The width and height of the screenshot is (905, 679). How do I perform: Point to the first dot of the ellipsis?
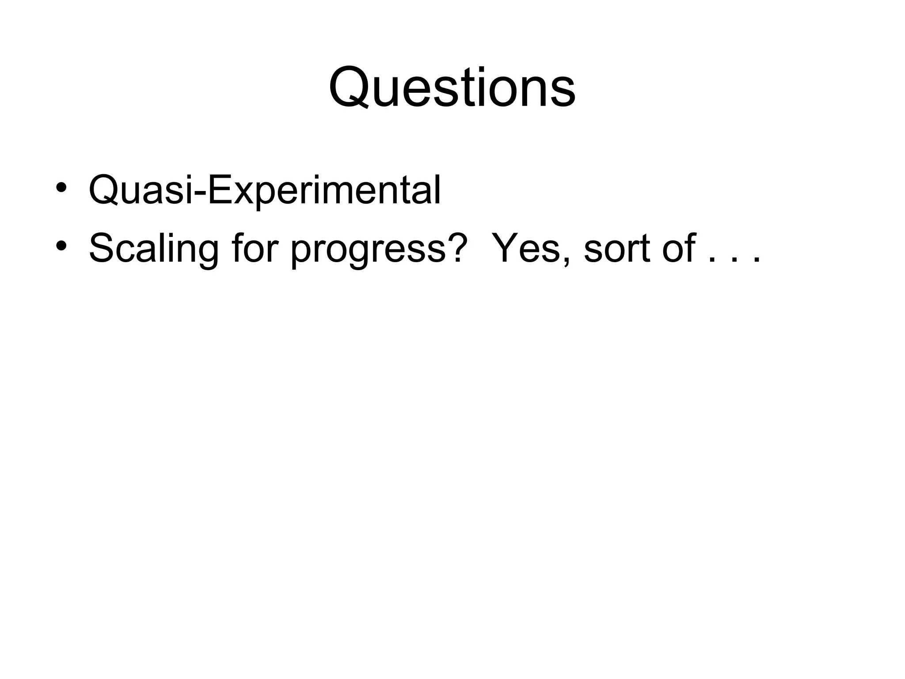711,260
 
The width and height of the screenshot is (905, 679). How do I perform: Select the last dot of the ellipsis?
756,260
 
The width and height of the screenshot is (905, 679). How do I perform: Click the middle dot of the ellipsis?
734,260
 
